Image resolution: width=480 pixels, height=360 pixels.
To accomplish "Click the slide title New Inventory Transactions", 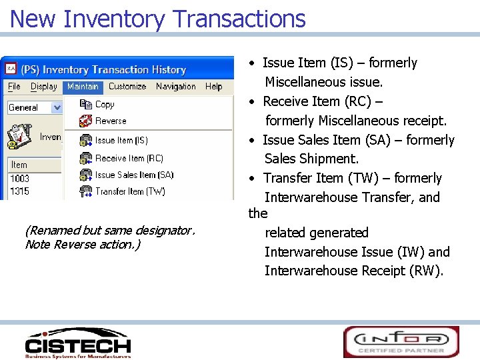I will [x=157, y=18].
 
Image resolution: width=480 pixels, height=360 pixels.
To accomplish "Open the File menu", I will [x=14, y=87].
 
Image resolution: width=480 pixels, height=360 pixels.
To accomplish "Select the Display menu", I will [x=44, y=87].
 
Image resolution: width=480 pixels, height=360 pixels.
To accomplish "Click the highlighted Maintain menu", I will [x=83, y=87].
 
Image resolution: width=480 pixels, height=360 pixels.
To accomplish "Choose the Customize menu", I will [x=127, y=87].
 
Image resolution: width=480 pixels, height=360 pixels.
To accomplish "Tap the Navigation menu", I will [x=176, y=87].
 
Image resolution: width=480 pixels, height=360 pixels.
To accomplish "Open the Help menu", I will [x=213, y=87].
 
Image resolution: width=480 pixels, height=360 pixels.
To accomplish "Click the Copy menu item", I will [x=105, y=105].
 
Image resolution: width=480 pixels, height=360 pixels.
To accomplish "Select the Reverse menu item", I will [x=110, y=121].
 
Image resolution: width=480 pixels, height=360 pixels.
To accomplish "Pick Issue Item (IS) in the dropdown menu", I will [x=121, y=141].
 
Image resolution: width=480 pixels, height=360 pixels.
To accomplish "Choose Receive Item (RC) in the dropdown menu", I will [x=129, y=159].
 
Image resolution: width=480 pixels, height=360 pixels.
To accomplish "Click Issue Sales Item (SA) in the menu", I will [x=134, y=175].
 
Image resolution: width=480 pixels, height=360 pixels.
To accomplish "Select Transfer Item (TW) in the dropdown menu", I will [x=130, y=191].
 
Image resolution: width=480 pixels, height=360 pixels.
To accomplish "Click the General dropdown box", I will [x=35, y=107].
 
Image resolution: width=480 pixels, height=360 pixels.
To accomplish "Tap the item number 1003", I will [x=19, y=179].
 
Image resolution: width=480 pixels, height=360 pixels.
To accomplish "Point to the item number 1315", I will [x=19, y=191].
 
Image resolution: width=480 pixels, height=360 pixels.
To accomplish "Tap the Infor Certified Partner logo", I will [x=401, y=341].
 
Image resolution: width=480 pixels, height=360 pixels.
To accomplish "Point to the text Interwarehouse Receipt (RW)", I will [x=353, y=271].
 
